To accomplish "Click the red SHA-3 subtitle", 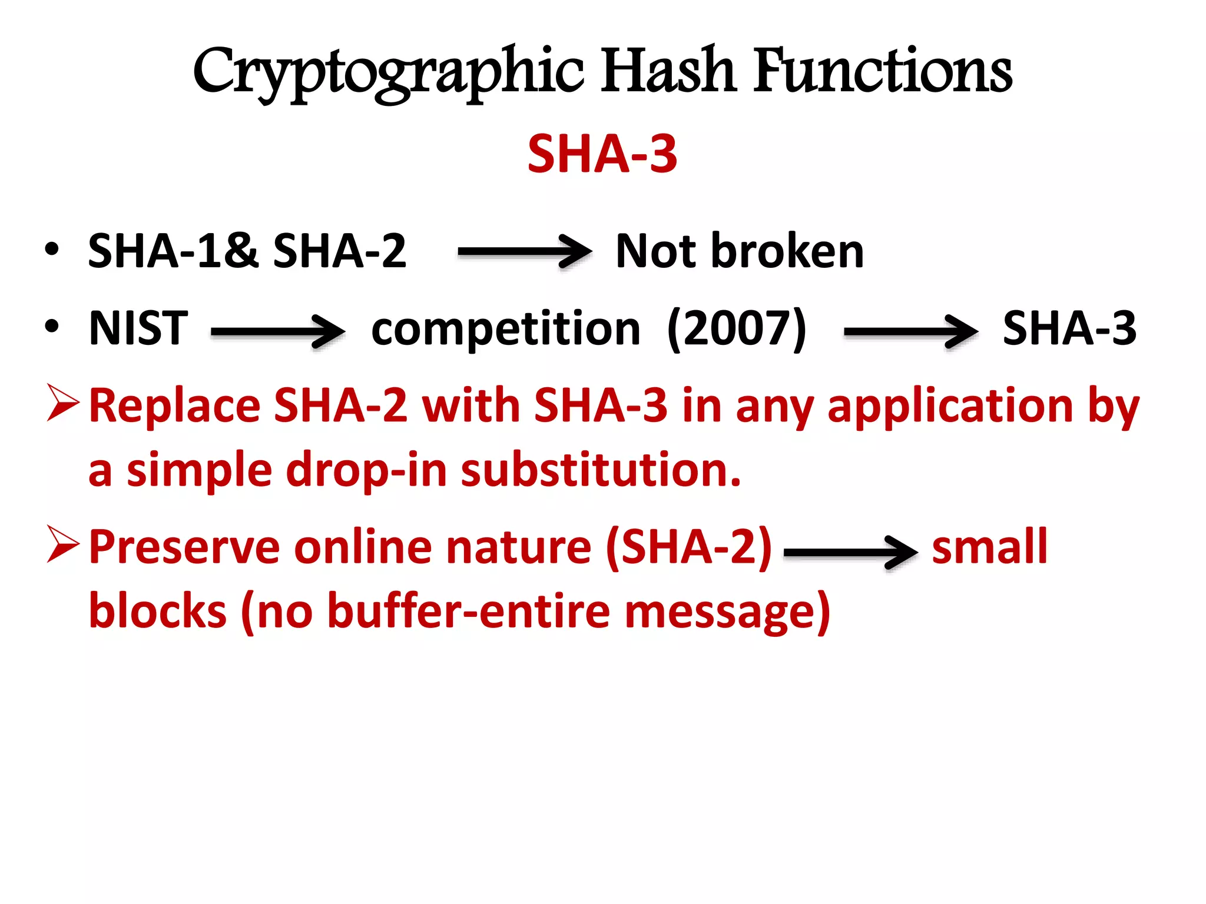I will point(602,154).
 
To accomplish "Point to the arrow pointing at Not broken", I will point(524,252).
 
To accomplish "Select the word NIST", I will point(138,328).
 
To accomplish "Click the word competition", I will point(505,330).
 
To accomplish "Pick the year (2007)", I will point(737,330).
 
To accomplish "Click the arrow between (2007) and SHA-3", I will point(910,332).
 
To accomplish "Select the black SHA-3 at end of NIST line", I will point(1069,328).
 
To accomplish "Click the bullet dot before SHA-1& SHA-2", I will point(52,250).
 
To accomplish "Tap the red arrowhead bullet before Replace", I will point(62,403).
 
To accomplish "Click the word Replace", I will point(174,406).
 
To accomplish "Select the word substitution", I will point(600,471).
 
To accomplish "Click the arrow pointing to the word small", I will point(850,552).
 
